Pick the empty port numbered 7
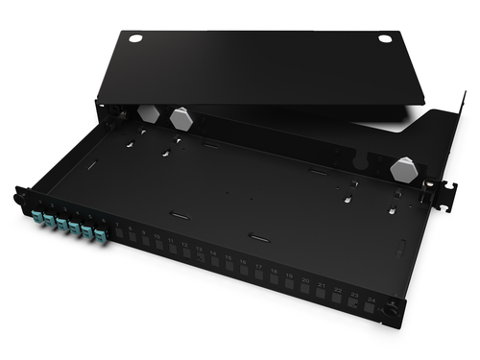coord(117,237)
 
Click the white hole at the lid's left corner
coord(135,38)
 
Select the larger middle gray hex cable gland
coord(180,118)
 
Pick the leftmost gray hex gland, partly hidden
coord(147,111)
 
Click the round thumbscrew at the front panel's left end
coord(18,200)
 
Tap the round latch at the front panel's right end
coord(389,310)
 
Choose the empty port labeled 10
coord(158,248)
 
